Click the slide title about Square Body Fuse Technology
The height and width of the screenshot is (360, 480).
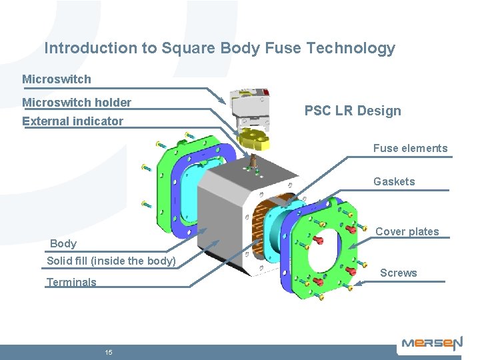click(x=219, y=48)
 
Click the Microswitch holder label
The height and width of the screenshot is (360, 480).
click(x=77, y=103)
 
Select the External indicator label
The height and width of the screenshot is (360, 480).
click(x=73, y=121)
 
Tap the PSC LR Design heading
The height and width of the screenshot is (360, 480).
click(x=353, y=111)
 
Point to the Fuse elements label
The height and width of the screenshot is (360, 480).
click(x=410, y=148)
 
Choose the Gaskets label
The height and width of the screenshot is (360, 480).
click(x=394, y=181)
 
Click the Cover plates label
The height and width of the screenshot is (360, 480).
click(x=407, y=231)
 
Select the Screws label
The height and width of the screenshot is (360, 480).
click(x=398, y=273)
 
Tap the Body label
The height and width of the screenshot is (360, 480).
click(x=63, y=243)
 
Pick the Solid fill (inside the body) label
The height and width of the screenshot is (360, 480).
click(x=111, y=261)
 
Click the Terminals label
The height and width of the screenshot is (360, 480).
click(x=71, y=282)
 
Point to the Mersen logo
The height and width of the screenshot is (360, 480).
click(x=431, y=344)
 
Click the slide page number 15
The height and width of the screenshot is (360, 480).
click(x=108, y=352)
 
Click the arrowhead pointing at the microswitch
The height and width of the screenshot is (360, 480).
click(x=226, y=101)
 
